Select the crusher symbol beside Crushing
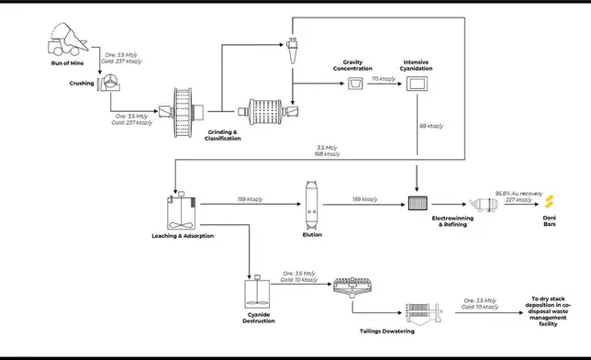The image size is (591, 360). click(109, 83)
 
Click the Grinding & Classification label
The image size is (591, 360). click(222, 135)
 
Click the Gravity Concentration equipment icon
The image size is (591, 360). click(353, 84)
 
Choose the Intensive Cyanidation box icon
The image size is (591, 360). click(418, 84)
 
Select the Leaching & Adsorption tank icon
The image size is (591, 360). click(177, 211)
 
